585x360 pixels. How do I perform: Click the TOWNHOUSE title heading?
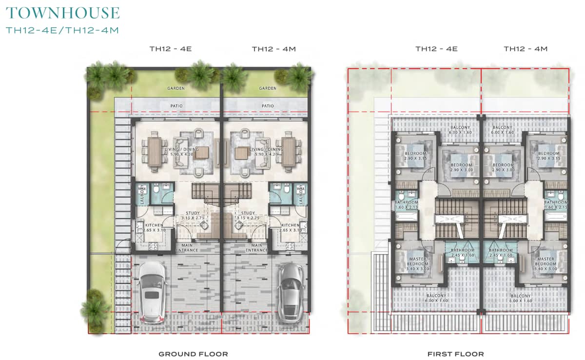[x=62, y=13]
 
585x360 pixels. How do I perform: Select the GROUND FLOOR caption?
[x=193, y=354]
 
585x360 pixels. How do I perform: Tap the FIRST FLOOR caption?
[x=455, y=354]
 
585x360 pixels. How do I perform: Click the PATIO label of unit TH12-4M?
[x=267, y=106]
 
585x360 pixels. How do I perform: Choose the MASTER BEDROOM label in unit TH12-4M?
[x=546, y=263]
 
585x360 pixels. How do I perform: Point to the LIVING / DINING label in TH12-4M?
[x=266, y=152]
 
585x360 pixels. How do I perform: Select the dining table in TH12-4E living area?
[x=154, y=153]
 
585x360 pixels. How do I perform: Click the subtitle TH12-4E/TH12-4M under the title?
[x=62, y=30]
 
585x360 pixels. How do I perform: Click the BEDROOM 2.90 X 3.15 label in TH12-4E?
[x=415, y=156]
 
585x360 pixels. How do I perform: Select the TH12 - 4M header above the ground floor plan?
[x=273, y=49]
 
